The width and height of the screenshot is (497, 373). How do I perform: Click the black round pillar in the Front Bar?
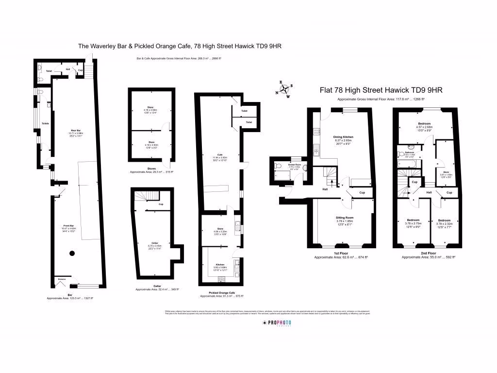click(x=72, y=253)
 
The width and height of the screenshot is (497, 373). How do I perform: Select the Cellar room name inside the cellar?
click(x=154, y=242)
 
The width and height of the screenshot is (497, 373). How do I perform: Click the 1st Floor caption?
click(x=341, y=253)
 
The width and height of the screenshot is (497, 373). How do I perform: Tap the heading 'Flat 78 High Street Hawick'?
click(x=381, y=90)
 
